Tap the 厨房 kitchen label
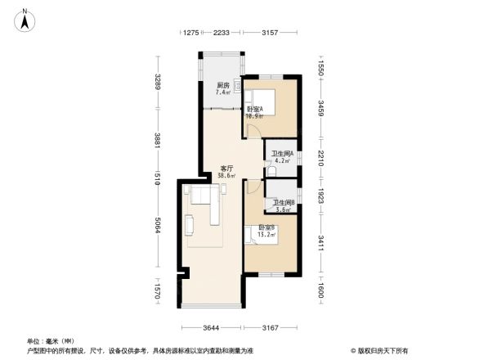[x=222, y=86]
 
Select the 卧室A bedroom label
[x=254, y=110]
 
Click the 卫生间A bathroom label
[x=282, y=154]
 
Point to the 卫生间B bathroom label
[x=284, y=203]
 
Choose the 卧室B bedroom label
[x=266, y=227]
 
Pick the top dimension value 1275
[x=190, y=33]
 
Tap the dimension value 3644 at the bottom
[x=213, y=328]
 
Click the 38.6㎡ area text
[x=226, y=176]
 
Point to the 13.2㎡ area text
[x=266, y=234]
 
